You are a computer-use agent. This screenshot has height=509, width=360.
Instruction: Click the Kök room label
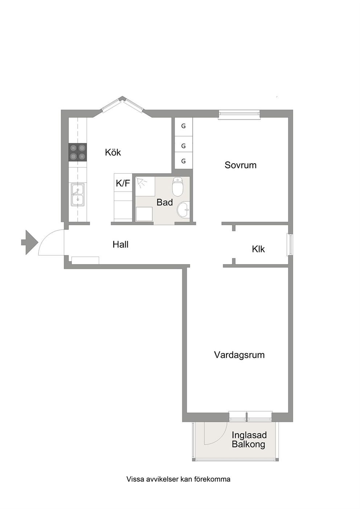(x=113, y=152)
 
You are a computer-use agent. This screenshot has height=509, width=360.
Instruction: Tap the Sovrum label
(x=241, y=165)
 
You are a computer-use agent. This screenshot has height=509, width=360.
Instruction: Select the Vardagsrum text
(x=239, y=361)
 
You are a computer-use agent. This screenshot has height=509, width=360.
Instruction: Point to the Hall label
(x=120, y=244)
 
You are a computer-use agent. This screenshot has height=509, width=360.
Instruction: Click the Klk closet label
(x=258, y=249)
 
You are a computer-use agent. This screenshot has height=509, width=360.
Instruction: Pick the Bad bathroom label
(x=164, y=202)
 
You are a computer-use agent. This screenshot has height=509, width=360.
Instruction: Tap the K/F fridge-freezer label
(x=123, y=183)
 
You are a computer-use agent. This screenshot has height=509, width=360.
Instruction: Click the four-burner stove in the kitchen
(x=78, y=152)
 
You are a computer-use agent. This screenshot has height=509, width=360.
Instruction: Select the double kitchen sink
(x=78, y=195)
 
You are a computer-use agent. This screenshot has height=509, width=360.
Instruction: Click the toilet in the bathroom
(x=178, y=187)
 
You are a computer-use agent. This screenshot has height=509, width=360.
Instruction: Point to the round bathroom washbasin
(x=183, y=210)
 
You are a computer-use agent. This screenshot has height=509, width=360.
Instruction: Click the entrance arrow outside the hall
(x=29, y=242)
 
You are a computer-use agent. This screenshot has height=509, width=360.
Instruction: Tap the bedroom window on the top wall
(x=239, y=115)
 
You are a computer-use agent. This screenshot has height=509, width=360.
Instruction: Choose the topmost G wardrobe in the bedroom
(x=183, y=126)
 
